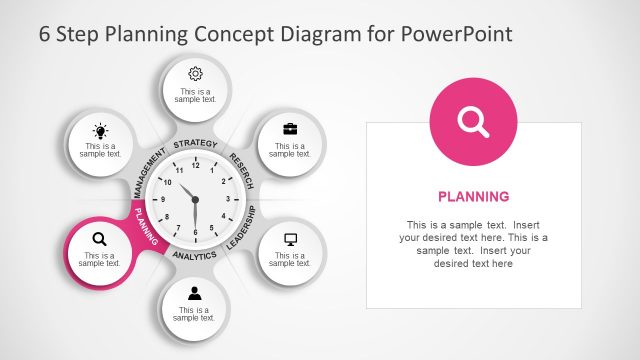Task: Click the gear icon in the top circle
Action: pos(195,73)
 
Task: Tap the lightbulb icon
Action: pos(100,131)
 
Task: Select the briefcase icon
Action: pos(290,129)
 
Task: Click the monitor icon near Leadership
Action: pos(291,240)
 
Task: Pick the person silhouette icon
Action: pos(195,293)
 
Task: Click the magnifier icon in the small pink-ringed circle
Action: pos(99,239)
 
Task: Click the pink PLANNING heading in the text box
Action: pos(474,196)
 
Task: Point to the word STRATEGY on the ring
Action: pos(195,144)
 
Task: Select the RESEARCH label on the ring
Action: pos(242,171)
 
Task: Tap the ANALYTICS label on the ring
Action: pos(194,256)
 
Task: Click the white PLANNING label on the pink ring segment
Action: pos(146,227)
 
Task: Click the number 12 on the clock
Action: pos(195,164)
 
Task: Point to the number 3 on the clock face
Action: pos(229,199)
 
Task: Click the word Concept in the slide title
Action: pos(225,33)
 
